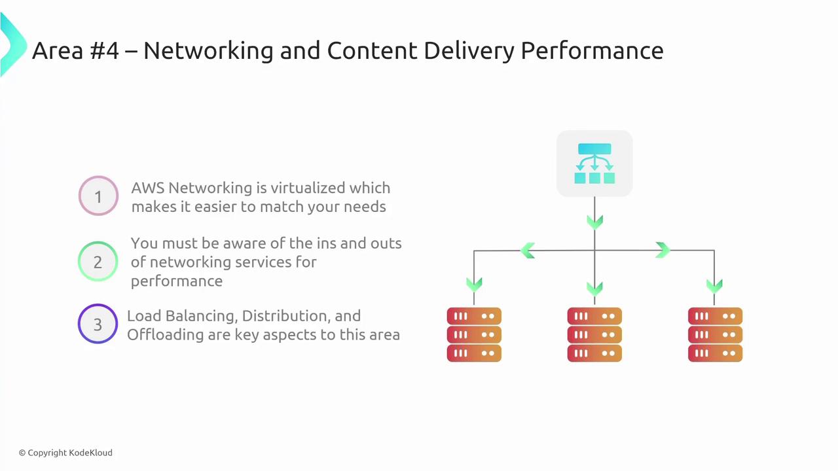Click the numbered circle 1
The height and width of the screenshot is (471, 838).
(x=98, y=196)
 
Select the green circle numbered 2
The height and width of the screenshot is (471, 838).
(x=98, y=262)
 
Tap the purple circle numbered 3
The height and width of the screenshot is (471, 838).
(x=98, y=324)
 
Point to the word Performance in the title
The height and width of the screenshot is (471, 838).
(x=592, y=50)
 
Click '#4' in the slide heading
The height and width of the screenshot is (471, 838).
(x=101, y=50)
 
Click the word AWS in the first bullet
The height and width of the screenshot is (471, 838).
(x=147, y=188)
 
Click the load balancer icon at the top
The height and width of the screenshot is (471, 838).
(x=594, y=164)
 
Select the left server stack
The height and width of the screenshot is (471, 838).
(x=474, y=334)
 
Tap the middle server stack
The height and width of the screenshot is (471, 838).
(x=594, y=334)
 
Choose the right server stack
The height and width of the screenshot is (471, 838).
(x=715, y=334)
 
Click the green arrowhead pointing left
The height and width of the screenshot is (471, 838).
(x=528, y=251)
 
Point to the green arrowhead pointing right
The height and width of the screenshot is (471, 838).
(x=662, y=251)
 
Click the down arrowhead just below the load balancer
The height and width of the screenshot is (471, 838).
(x=594, y=223)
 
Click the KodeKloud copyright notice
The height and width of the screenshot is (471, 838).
(x=65, y=453)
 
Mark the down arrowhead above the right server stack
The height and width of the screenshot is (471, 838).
(x=714, y=286)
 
